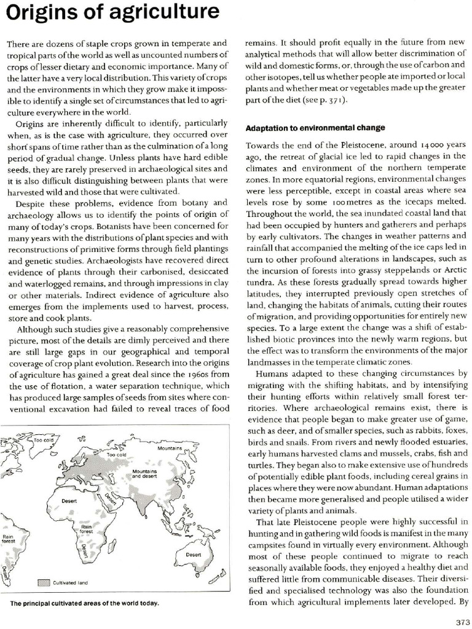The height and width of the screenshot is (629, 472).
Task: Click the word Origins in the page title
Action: click(39, 13)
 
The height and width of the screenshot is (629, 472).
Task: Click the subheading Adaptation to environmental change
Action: click(315, 128)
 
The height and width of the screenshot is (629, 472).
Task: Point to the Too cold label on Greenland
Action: click(44, 440)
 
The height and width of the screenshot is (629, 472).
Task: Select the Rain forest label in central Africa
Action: click(86, 529)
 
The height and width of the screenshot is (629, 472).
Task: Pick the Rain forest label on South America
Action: click(8, 538)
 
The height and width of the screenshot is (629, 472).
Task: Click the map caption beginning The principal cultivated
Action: click(84, 603)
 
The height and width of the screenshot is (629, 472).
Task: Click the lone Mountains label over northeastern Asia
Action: click(170, 448)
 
